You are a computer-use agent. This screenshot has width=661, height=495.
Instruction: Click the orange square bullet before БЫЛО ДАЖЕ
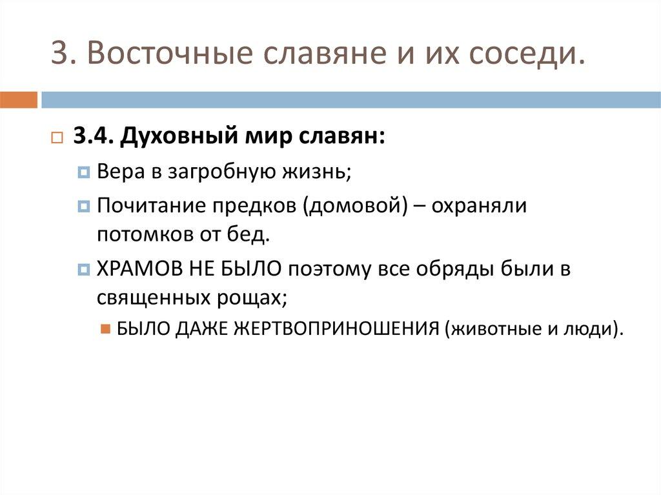pyautogui.click(x=106, y=328)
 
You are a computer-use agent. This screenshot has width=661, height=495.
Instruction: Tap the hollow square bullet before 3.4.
pyautogui.click(x=56, y=138)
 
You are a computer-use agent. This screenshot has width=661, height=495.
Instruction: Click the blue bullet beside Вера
pyautogui.click(x=84, y=173)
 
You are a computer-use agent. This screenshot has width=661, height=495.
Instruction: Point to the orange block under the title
pyautogui.click(x=18, y=100)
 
